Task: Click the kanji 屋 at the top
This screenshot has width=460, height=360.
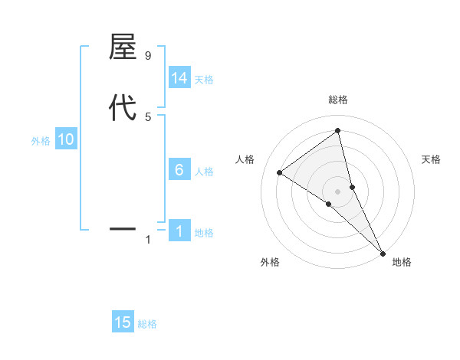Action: (123, 47)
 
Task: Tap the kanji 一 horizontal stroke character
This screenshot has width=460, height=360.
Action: (123, 228)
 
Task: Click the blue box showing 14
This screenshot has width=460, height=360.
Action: (179, 78)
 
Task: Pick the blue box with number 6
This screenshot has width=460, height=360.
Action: (179, 170)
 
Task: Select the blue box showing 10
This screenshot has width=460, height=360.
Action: (65, 139)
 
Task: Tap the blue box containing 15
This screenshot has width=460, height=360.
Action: (123, 322)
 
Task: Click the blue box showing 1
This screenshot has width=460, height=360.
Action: (179, 231)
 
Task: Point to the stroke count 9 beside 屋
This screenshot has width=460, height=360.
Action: (147, 56)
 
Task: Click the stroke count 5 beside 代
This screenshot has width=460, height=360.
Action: (147, 116)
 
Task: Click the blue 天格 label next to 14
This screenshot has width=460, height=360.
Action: (204, 79)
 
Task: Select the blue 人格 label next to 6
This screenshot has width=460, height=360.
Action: (204, 171)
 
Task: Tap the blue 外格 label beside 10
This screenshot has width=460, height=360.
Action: (41, 140)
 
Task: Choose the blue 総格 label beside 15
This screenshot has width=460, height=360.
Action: (147, 324)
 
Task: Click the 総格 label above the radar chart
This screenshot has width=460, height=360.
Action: (338, 100)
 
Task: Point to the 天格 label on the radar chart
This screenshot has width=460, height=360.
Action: (432, 159)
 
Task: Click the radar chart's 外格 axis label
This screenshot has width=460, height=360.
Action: (269, 262)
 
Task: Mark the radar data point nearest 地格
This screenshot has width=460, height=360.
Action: (383, 252)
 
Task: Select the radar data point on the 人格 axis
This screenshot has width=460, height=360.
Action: (279, 172)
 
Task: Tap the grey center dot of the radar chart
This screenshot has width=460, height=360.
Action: (338, 191)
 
